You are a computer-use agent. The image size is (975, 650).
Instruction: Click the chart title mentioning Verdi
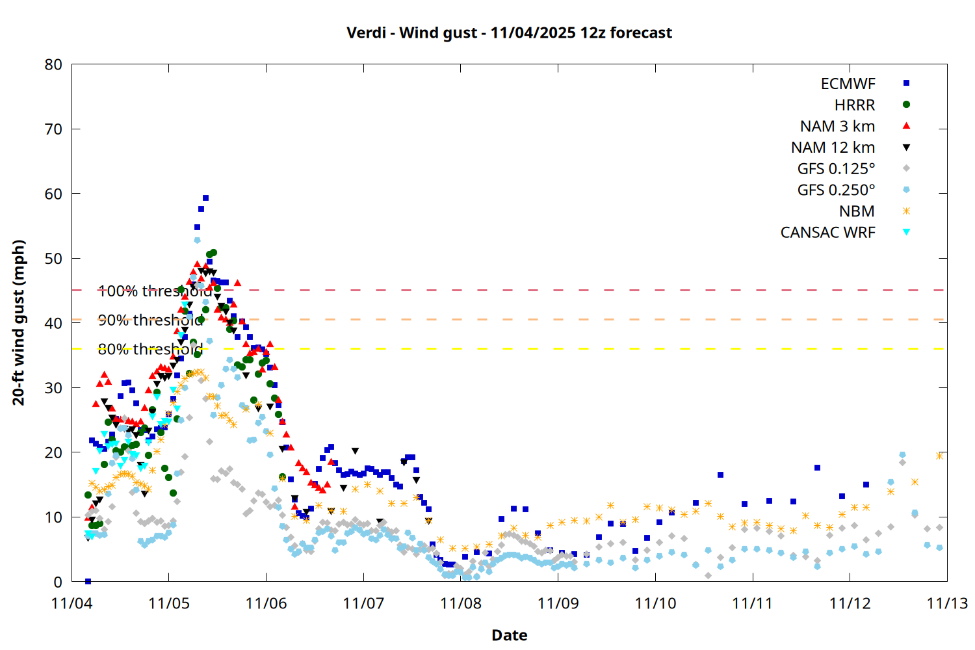click(x=509, y=32)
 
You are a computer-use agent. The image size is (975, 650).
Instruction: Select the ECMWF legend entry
click(x=848, y=84)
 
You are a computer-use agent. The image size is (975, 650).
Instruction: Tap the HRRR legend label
click(x=855, y=105)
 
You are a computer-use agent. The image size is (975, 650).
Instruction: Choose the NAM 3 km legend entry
click(x=837, y=126)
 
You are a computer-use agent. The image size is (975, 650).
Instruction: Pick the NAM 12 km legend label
click(x=833, y=148)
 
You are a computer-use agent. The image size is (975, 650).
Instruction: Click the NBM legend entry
click(x=857, y=211)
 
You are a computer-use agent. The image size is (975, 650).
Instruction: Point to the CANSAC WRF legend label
click(x=827, y=233)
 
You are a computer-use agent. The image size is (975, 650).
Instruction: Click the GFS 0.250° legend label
click(x=836, y=190)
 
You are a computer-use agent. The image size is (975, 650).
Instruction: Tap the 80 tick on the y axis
click(x=54, y=64)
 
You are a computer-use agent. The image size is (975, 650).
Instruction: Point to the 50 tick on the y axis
click(x=54, y=258)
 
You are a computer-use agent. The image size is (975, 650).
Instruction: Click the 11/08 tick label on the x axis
click(x=461, y=603)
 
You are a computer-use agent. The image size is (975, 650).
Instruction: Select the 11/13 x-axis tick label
click(x=946, y=603)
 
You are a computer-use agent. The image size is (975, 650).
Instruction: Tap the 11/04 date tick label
click(x=71, y=603)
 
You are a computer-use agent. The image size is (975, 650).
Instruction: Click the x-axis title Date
click(x=509, y=635)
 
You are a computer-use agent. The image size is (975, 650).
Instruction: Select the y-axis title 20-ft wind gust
click(x=19, y=322)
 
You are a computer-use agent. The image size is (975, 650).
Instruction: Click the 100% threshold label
click(x=155, y=291)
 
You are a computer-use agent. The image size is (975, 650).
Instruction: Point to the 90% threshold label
click(x=150, y=320)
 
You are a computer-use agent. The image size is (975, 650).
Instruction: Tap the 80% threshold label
click(x=150, y=350)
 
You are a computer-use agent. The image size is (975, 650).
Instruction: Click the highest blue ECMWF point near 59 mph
click(x=205, y=198)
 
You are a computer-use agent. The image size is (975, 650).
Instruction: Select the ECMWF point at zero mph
click(x=88, y=581)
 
